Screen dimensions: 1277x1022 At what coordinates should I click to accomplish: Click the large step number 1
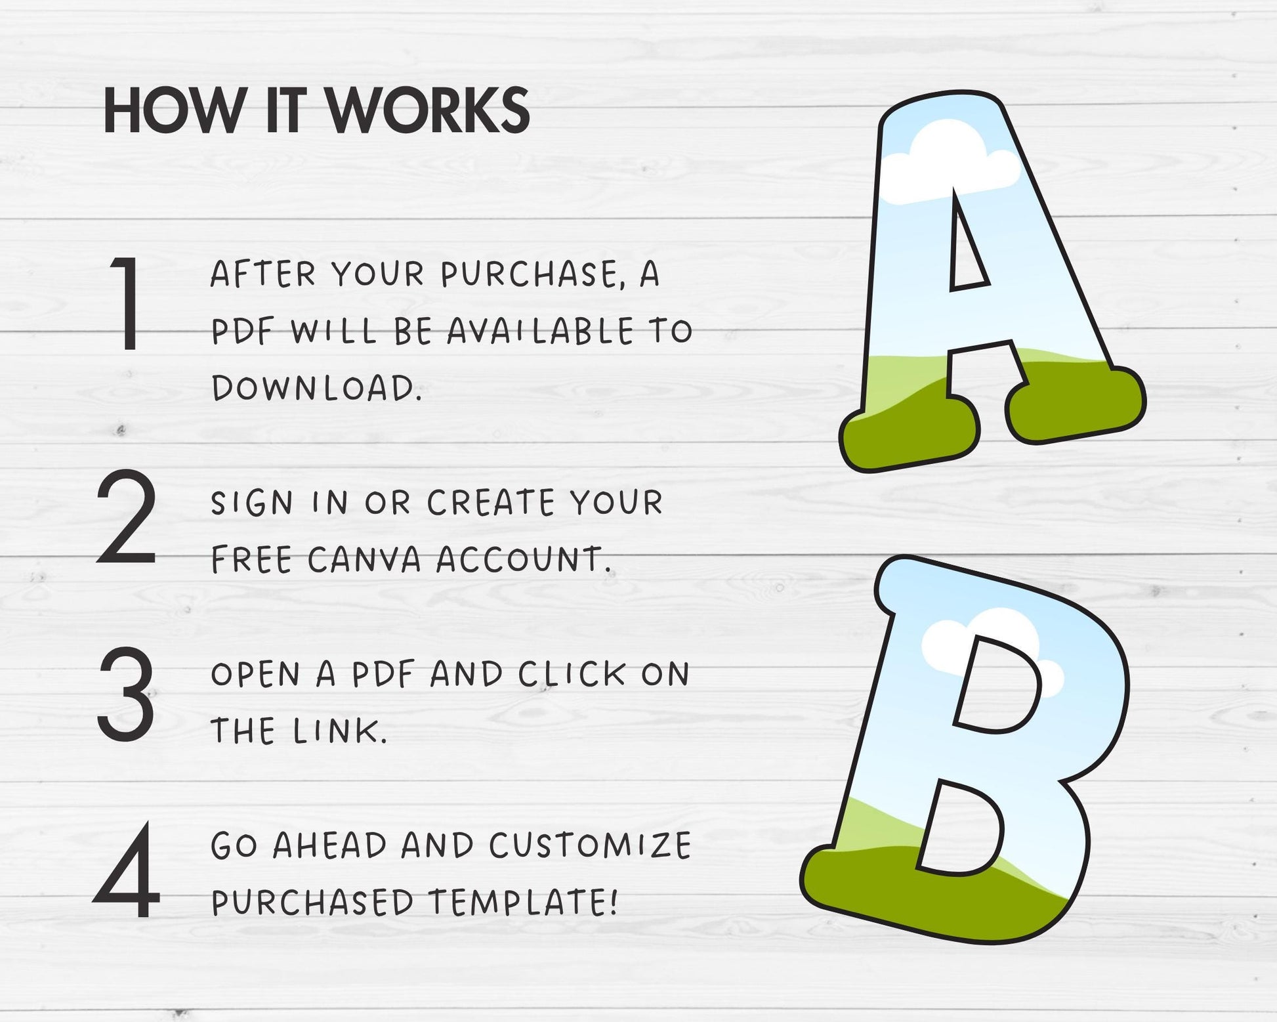(x=127, y=303)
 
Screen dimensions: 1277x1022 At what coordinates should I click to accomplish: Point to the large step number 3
(x=127, y=693)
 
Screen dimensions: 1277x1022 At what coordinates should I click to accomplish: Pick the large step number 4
(x=127, y=871)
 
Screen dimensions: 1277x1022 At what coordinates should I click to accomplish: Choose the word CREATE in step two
(x=492, y=503)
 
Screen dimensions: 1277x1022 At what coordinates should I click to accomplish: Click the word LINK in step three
(x=340, y=731)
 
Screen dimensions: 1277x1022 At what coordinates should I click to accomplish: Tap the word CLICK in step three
(x=572, y=675)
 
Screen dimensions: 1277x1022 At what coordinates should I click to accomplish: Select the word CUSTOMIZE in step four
(x=590, y=845)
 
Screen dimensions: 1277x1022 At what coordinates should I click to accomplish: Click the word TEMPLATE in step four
(x=523, y=903)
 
